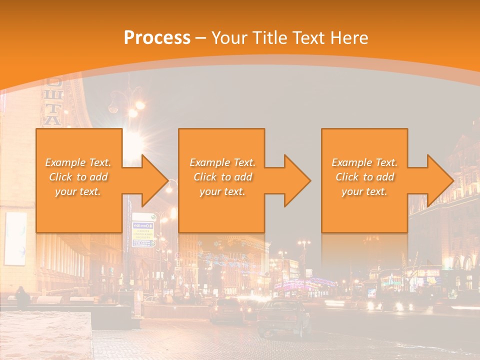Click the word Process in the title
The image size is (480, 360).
[x=157, y=38]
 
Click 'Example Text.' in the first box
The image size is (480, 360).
[x=78, y=162]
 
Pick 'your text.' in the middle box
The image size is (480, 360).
[x=222, y=191]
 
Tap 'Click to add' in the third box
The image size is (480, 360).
[x=364, y=177]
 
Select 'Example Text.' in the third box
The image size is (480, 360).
[x=364, y=162]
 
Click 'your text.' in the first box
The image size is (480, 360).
[x=78, y=191]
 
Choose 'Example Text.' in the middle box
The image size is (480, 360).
[x=222, y=162]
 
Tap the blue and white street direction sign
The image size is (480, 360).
[x=144, y=230]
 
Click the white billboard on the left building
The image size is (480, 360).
[x=15, y=238]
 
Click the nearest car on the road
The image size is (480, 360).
[x=283, y=316]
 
